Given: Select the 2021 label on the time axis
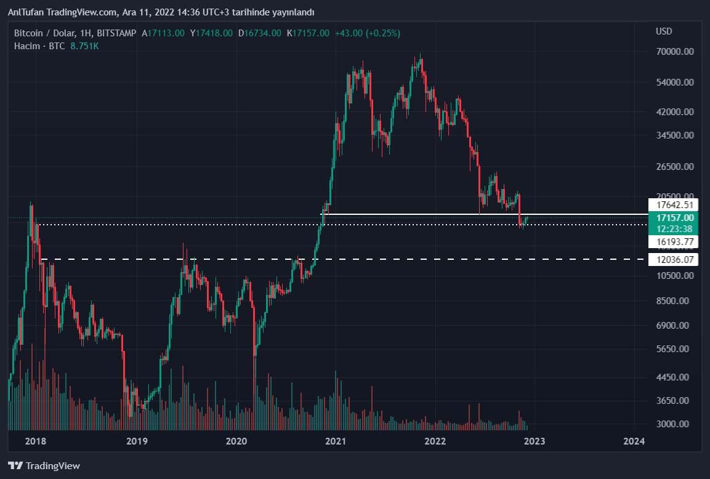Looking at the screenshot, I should pyautogui.click(x=336, y=441).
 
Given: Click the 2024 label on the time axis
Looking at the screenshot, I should pyautogui.click(x=634, y=441).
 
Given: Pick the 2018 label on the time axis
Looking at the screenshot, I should pyautogui.click(x=36, y=441).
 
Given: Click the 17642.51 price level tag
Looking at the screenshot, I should pyautogui.click(x=675, y=205).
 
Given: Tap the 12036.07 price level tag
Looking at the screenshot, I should pyautogui.click(x=675, y=260).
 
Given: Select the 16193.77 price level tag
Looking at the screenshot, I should pyautogui.click(x=675, y=241).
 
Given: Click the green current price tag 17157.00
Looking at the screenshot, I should pyautogui.click(x=675, y=218).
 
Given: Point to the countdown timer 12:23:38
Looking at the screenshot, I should pyautogui.click(x=675, y=228).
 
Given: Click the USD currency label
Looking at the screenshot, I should pyautogui.click(x=664, y=31).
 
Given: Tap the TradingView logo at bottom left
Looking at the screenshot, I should pyautogui.click(x=44, y=466).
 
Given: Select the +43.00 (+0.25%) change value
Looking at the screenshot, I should pyautogui.click(x=368, y=33).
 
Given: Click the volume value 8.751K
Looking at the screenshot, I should pyautogui.click(x=85, y=46).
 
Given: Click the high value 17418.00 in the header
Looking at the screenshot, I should pyautogui.click(x=211, y=33).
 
